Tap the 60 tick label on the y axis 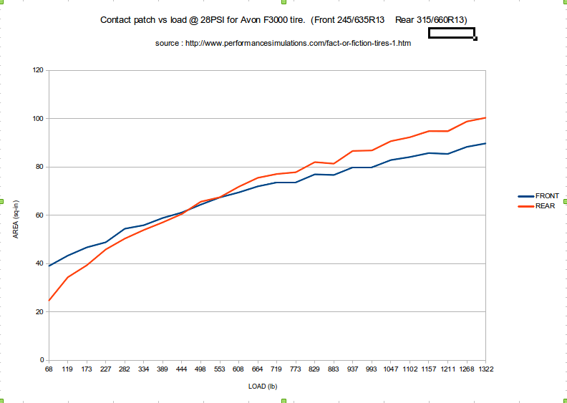tap(39, 215)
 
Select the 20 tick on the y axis tap(39, 311)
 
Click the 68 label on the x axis tap(48, 369)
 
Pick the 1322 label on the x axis tap(486, 369)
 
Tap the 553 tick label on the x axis tap(219, 369)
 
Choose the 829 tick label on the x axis tap(314, 369)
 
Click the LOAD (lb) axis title tap(262, 387)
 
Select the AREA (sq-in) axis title tap(16, 215)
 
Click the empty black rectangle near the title tap(452, 33)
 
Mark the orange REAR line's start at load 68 tap(48, 301)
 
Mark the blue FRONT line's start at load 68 tap(48, 266)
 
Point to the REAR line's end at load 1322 tap(486, 117)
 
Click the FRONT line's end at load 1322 tap(486, 143)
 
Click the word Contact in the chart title tap(115, 21)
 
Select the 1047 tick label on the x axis tap(390, 369)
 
